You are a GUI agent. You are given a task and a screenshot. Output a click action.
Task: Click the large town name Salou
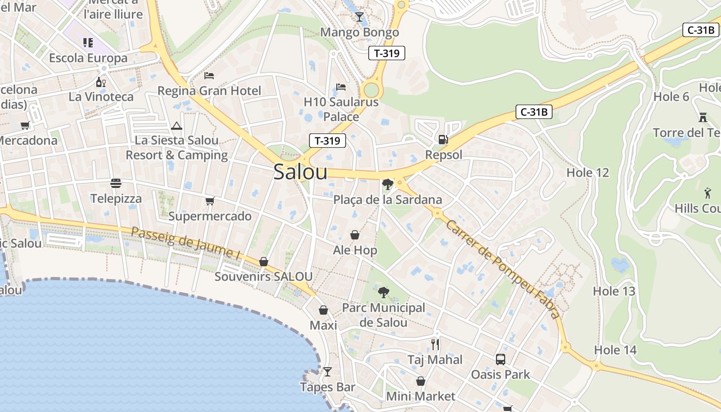coord(300,172)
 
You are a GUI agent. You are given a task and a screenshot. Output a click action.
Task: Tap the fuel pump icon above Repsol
coord(442,139)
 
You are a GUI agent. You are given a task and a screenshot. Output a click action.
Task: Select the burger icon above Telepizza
coord(116,183)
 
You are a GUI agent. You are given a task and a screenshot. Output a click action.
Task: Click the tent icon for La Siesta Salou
coord(176,126)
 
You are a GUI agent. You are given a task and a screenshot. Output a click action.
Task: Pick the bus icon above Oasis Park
coord(500,359)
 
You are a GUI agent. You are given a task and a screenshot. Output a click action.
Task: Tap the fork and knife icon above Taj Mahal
coord(435,344)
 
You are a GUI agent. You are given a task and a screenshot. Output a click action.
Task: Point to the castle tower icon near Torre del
coord(702,117)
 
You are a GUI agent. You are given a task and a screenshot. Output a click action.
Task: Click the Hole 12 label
coord(588,173)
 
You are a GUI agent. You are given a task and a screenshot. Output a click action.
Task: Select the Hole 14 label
coord(615,350)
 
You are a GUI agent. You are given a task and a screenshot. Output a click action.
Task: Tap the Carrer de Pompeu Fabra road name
coord(503,268)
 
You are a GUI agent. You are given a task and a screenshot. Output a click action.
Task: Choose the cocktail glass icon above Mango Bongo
coord(359,17)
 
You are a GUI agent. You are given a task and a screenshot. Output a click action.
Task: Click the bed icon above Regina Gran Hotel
coord(209,76)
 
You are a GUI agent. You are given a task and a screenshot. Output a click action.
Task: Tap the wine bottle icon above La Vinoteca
coord(101,82)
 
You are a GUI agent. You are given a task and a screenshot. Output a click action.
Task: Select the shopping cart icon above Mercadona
coord(25,125)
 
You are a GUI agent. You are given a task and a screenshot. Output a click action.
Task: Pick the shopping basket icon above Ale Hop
coord(355,235)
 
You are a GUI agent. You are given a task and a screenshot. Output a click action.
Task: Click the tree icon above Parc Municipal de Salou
coord(383,293)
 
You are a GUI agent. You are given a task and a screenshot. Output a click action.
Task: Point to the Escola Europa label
coord(88,58)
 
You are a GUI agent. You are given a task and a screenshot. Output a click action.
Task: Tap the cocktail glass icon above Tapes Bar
coord(328,372)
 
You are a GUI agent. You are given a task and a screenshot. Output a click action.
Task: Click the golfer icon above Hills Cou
coord(707,193)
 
